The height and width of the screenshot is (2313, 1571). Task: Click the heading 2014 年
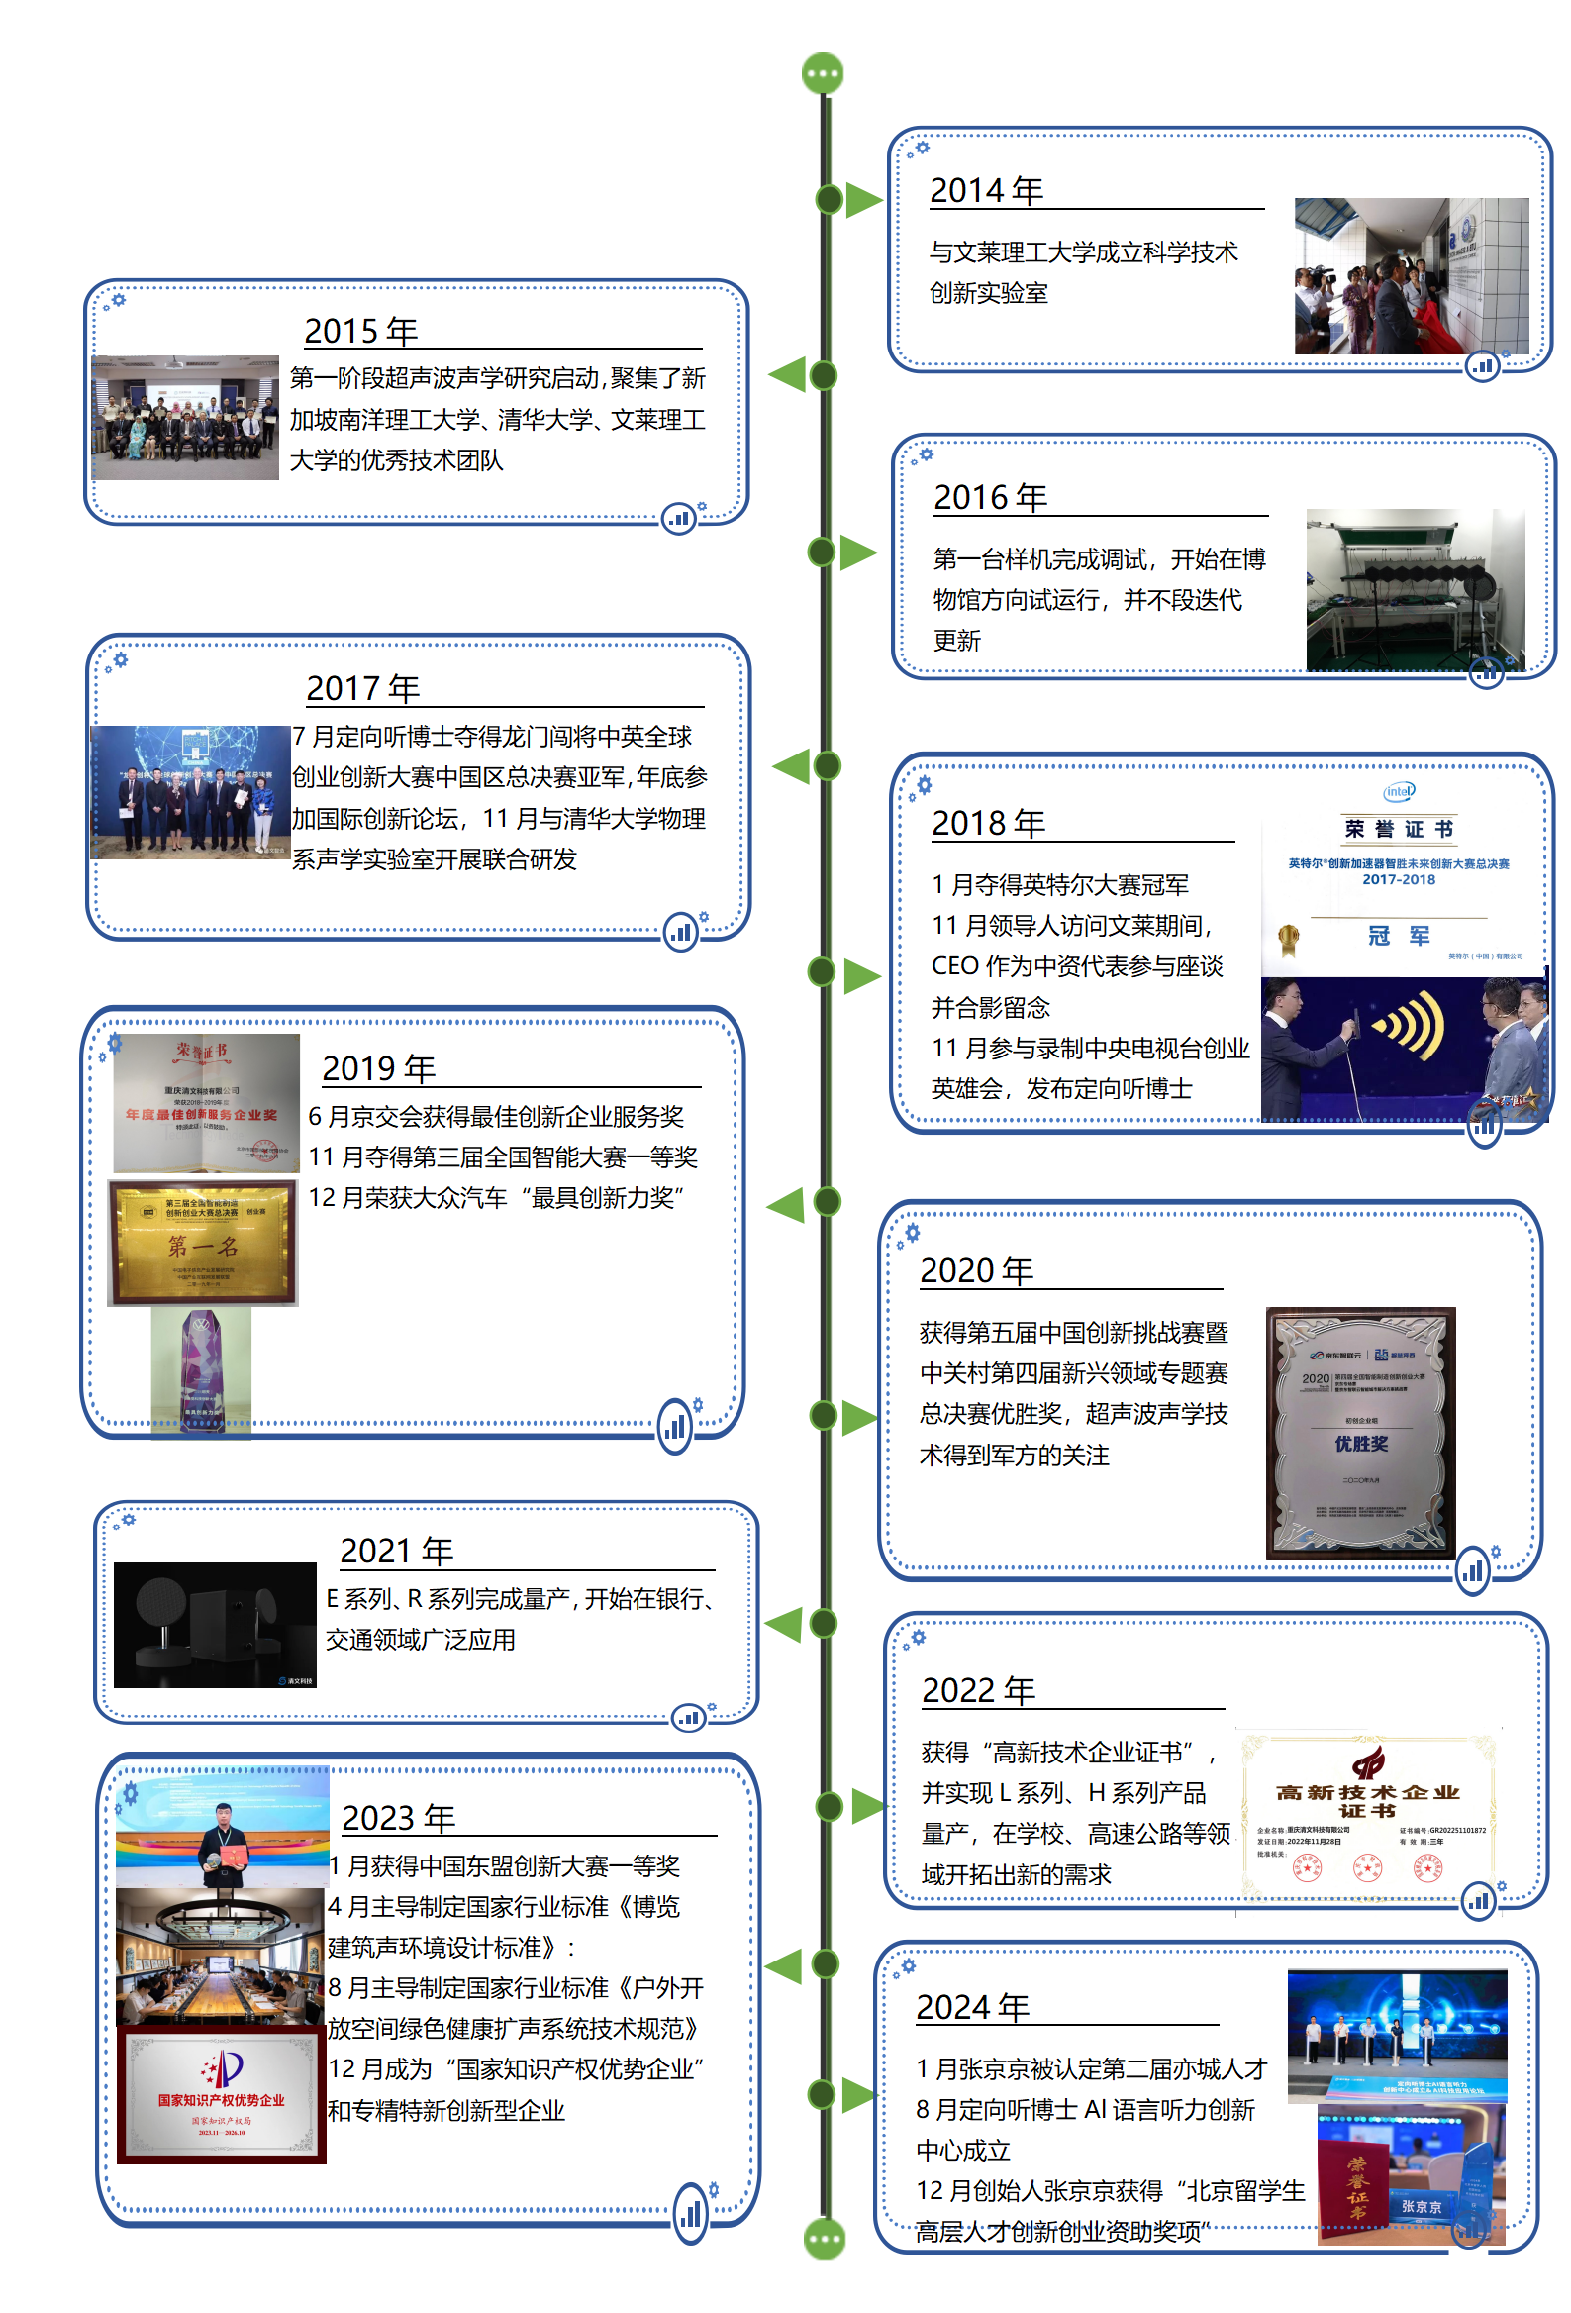click(x=985, y=190)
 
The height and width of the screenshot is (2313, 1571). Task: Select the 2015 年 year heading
click(x=360, y=331)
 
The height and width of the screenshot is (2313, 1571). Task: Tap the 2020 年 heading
click(x=975, y=1271)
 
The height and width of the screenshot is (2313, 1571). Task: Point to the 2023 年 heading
click(x=398, y=1818)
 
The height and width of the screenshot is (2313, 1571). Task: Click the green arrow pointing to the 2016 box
click(x=857, y=553)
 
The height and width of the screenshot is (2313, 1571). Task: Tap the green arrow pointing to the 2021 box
click(x=784, y=1624)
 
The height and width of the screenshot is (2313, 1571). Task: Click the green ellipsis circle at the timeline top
click(x=823, y=73)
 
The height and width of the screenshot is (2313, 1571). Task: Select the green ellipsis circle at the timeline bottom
click(x=824, y=2240)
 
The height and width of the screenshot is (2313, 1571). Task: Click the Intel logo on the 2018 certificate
click(x=1399, y=792)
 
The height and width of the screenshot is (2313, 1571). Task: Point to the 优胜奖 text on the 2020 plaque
click(x=1360, y=1443)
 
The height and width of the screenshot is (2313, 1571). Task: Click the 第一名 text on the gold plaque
click(x=203, y=1246)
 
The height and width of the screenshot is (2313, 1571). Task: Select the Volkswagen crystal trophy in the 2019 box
click(x=202, y=1368)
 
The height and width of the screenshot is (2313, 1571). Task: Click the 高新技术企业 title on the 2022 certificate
click(x=1368, y=1793)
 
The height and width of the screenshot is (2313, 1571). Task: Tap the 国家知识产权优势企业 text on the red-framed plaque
click(x=221, y=2100)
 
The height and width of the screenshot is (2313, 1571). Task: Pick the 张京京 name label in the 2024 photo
click(x=1421, y=2206)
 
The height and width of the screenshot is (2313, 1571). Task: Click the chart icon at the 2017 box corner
click(x=680, y=933)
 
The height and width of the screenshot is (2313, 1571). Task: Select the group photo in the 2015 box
click(x=185, y=418)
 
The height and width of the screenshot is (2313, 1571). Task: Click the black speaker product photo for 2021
click(x=215, y=1624)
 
